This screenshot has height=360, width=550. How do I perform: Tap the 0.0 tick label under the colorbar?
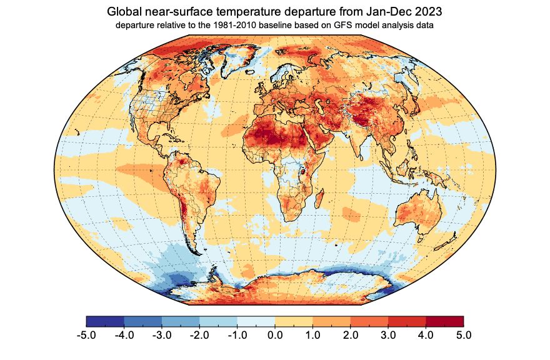[275, 336]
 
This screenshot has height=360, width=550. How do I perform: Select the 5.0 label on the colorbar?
[463, 336]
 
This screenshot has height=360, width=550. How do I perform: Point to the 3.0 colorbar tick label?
[388, 336]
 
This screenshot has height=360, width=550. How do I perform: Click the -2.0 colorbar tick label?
[199, 336]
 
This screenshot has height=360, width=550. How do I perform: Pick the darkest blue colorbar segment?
[105, 321]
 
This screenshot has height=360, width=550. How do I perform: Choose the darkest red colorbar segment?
[444, 321]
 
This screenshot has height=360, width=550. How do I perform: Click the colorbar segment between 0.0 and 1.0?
[294, 321]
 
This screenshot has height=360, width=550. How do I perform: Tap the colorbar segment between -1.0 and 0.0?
[256, 321]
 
